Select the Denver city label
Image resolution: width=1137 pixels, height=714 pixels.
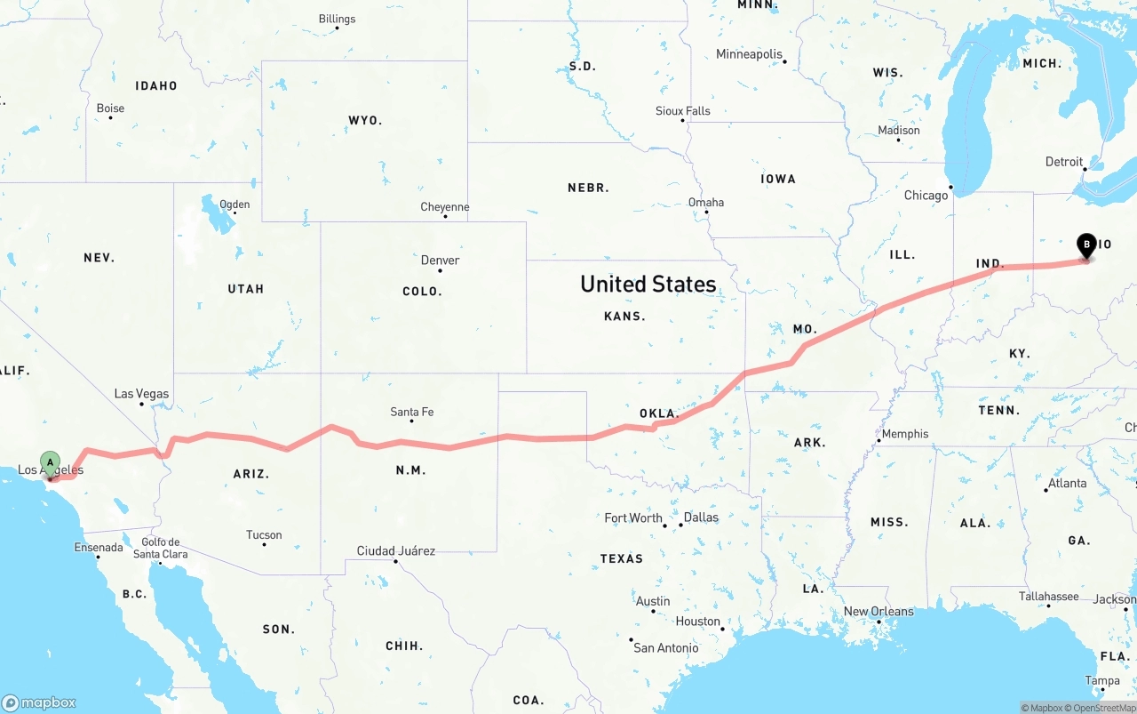click(440, 261)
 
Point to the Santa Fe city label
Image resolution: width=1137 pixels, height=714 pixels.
click(412, 412)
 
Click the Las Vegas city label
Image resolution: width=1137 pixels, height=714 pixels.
click(141, 394)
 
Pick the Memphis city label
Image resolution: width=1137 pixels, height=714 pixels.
click(905, 434)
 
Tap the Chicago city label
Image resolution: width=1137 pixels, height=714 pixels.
click(926, 196)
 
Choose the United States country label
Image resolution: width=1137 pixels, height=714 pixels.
click(648, 284)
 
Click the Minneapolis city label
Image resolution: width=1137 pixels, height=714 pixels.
click(749, 54)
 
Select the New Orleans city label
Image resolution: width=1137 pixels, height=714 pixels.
click(879, 612)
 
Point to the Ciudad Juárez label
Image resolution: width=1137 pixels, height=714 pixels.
click(395, 551)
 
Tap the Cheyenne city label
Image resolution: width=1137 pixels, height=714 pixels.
click(444, 207)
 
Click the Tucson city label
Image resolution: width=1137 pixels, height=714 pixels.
click(264, 535)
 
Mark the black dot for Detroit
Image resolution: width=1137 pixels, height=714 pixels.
click(1085, 169)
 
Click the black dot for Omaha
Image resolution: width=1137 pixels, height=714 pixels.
click(706, 212)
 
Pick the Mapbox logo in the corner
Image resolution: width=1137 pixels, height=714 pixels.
click(39, 702)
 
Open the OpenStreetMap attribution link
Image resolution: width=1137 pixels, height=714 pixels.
click(1103, 708)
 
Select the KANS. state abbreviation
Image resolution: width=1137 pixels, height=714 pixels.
click(624, 316)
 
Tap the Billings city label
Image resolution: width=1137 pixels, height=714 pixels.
click(337, 19)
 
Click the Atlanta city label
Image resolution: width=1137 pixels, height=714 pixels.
click(1067, 484)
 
